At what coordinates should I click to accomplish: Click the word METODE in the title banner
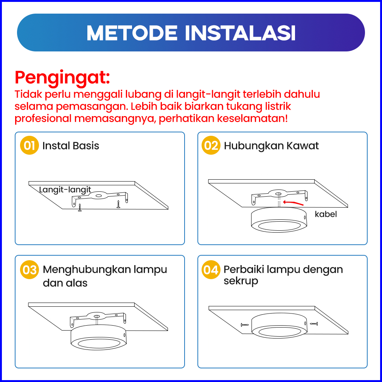point(132,33)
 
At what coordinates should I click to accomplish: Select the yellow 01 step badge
point(29,146)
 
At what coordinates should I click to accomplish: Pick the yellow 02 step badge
point(211,146)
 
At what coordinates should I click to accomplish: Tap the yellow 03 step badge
point(29,270)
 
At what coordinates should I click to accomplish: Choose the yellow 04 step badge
point(211,270)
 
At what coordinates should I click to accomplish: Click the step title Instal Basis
point(71,146)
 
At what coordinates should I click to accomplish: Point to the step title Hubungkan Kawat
point(271,146)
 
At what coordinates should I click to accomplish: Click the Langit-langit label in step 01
point(65,190)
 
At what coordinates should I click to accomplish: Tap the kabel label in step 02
point(326,214)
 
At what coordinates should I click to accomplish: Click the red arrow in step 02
point(293,203)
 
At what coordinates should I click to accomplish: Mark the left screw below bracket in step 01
point(80,207)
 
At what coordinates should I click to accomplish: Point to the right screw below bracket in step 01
point(118,204)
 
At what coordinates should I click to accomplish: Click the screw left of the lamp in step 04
point(244,325)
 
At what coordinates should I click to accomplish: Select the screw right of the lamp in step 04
point(314,324)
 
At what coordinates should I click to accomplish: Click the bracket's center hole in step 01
point(99,196)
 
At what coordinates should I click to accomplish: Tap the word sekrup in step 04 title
point(241,281)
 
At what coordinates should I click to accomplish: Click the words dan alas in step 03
point(65,283)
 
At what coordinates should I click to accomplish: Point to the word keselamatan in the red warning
point(252,119)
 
